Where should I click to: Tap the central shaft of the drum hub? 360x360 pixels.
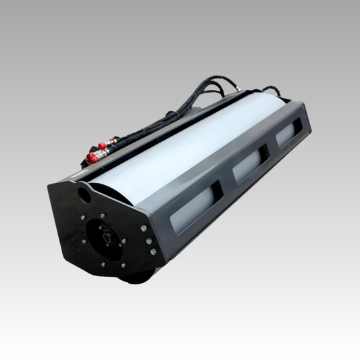[x=107, y=236]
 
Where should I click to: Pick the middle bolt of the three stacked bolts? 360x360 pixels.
[x=149, y=241]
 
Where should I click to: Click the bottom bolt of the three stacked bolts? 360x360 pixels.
[x=153, y=252]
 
